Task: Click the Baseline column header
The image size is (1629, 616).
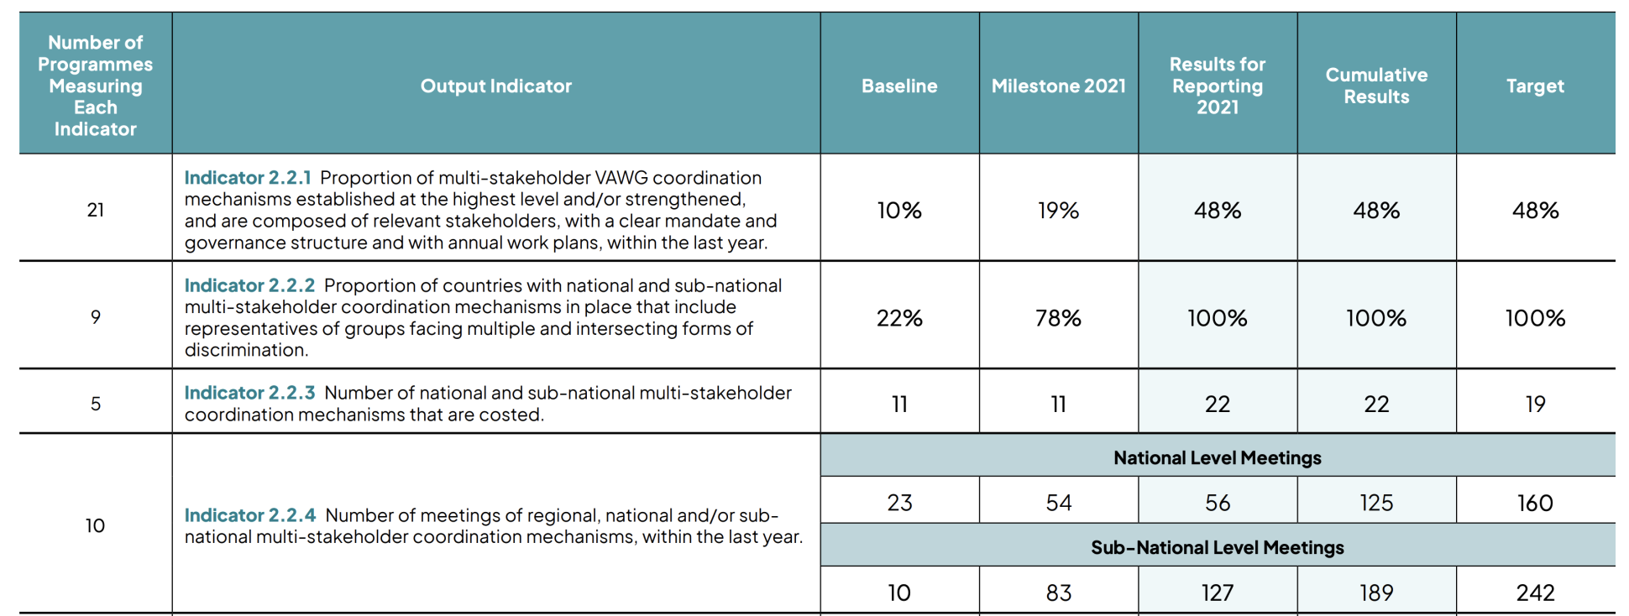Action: [x=899, y=86]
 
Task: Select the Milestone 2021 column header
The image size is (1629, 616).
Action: [x=1058, y=86]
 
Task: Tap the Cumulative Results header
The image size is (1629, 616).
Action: [x=1376, y=86]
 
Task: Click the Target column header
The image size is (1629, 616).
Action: [x=1535, y=86]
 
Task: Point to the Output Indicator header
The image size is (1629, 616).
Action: [x=495, y=86]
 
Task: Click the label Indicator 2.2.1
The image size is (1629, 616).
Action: [x=248, y=178]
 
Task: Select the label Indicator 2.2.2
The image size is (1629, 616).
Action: [x=249, y=285]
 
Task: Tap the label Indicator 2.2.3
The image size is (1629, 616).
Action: [x=249, y=393]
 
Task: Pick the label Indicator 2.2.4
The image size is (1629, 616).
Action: [x=250, y=515]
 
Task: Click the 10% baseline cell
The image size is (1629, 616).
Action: [x=899, y=211]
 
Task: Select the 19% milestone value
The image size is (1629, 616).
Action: [x=1058, y=211]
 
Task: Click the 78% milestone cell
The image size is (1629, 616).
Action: [x=1058, y=318]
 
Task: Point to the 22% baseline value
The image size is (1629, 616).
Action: [x=899, y=318]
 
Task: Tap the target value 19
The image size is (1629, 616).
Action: [x=1535, y=405]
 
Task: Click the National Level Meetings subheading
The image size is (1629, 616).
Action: [x=1217, y=458]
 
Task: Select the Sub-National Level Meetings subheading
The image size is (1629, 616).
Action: [x=1217, y=548]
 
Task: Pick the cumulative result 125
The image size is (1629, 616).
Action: [x=1376, y=503]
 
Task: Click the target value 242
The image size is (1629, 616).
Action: [x=1535, y=593]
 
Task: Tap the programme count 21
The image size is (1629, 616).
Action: [x=96, y=210]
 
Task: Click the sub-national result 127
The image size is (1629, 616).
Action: [x=1217, y=593]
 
